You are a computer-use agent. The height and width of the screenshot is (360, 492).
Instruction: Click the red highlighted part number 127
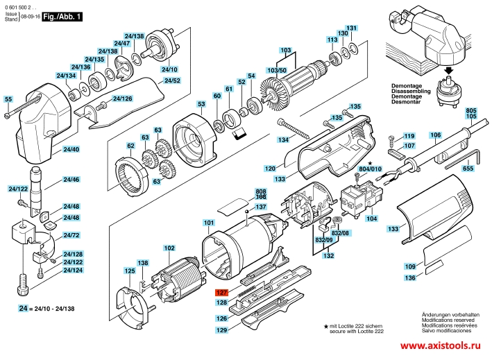(221, 293)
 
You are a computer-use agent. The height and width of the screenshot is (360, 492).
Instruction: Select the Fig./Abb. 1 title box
(62, 17)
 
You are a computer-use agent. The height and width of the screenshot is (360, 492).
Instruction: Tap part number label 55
(8, 99)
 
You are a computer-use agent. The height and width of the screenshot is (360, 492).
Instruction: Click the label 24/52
(173, 80)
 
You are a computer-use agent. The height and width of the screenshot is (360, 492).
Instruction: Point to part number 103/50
(276, 70)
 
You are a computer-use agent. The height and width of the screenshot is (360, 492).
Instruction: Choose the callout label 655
(468, 169)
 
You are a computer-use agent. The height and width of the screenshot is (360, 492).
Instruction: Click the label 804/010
(371, 169)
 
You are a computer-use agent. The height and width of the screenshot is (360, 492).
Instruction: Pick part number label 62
(130, 146)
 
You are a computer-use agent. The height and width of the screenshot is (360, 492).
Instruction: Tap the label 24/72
(71, 235)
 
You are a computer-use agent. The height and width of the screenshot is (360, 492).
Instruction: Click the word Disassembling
(411, 91)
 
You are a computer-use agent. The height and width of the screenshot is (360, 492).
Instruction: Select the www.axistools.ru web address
(440, 345)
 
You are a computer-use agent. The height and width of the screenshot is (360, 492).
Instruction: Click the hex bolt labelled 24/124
(23, 284)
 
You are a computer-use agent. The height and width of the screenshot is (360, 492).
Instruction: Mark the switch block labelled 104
(362, 199)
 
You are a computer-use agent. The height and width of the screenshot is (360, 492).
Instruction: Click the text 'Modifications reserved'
(448, 320)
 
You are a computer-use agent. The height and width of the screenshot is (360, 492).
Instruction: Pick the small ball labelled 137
(247, 212)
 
